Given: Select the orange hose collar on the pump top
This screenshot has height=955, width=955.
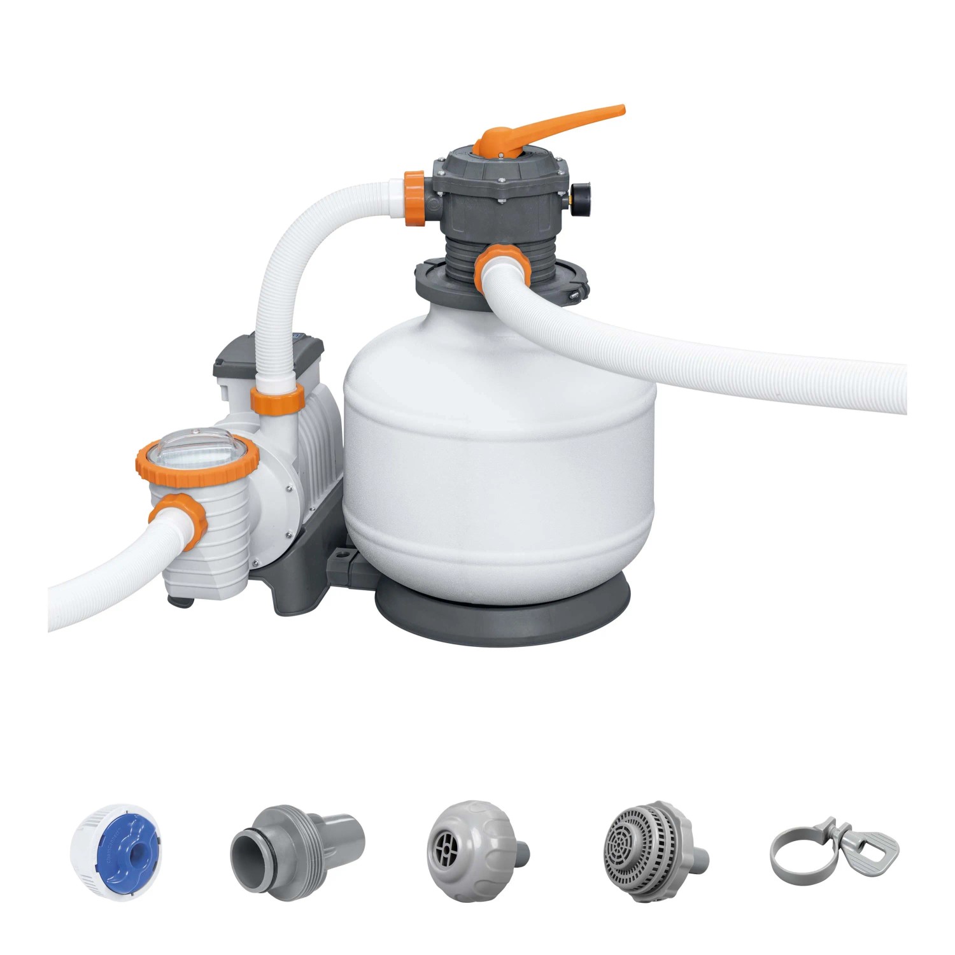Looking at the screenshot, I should click(277, 399).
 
